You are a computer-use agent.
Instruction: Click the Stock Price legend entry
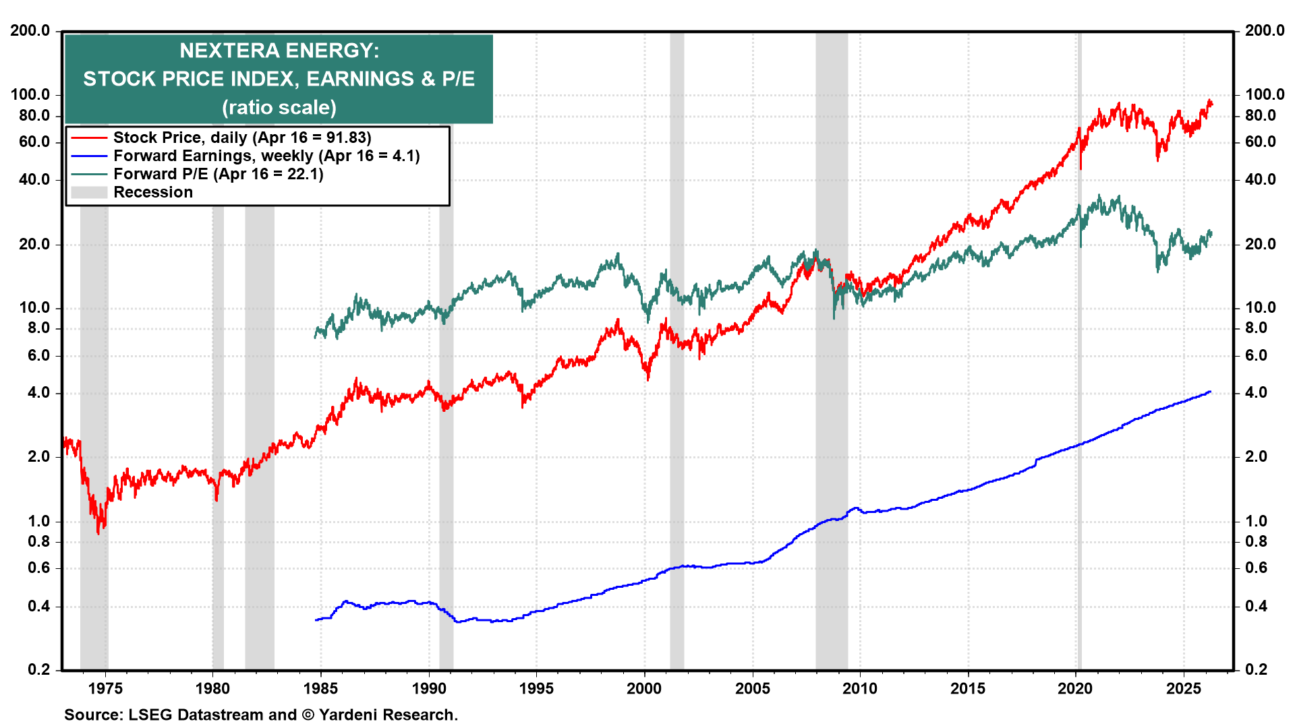(242, 138)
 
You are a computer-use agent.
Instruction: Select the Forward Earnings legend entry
(266, 156)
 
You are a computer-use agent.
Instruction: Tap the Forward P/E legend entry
(218, 174)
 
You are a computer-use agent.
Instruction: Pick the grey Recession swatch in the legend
(89, 193)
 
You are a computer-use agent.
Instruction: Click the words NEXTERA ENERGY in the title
(279, 51)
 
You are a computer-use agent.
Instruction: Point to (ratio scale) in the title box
(279, 107)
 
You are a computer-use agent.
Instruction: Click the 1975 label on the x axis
(105, 688)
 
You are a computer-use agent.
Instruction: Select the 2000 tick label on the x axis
(644, 688)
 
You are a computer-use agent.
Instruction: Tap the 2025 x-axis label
(1184, 688)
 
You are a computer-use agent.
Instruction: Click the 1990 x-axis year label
(429, 688)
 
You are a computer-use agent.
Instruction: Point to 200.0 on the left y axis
(30, 30)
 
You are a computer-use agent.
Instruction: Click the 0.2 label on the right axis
(1255, 669)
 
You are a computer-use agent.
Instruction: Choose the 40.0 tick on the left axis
(34, 179)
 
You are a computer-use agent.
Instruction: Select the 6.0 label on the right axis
(1255, 355)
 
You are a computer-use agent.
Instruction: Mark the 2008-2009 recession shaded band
(831, 404)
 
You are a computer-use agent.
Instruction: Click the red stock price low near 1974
(98, 533)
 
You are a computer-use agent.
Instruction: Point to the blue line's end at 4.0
(1209, 392)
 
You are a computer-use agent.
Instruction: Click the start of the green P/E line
(316, 336)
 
